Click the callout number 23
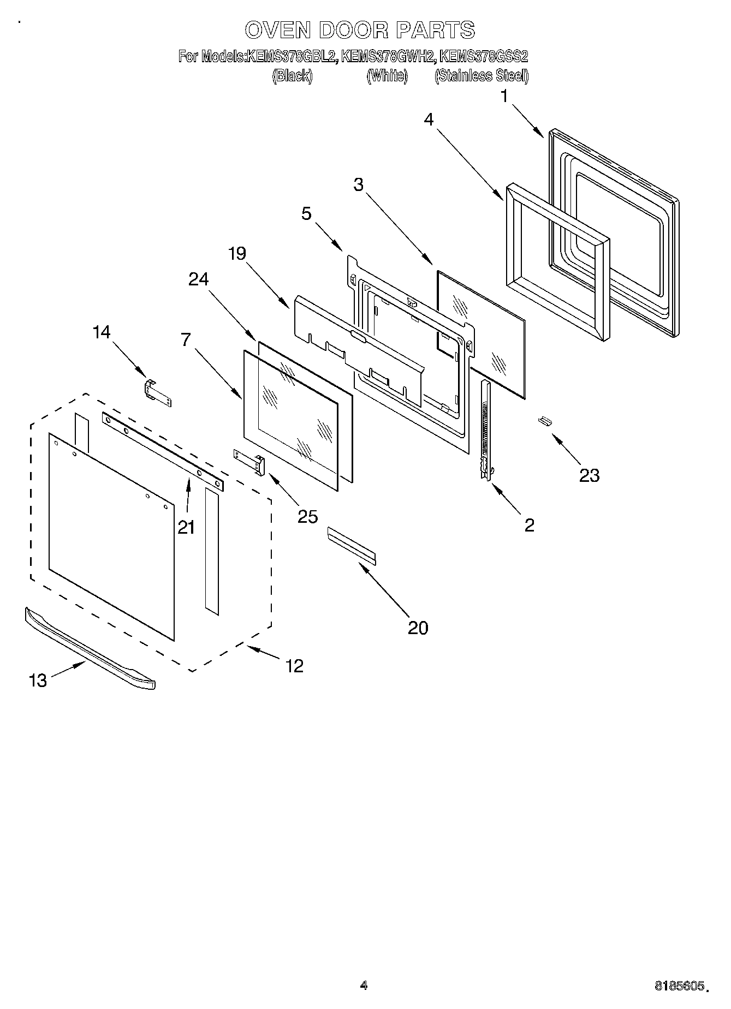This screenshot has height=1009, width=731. click(589, 475)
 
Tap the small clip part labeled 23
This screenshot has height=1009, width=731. click(544, 420)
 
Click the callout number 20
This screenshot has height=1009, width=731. click(418, 628)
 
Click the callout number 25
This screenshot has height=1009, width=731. click(307, 516)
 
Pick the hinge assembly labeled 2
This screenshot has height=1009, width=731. click(485, 431)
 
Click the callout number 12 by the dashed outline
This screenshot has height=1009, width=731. click(294, 666)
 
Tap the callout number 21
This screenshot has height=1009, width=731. click(186, 527)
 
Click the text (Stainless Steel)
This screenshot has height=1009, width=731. click(481, 76)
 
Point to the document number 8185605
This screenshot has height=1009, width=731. click(678, 986)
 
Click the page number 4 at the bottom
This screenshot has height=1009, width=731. click(364, 985)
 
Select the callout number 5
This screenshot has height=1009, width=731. click(306, 213)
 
